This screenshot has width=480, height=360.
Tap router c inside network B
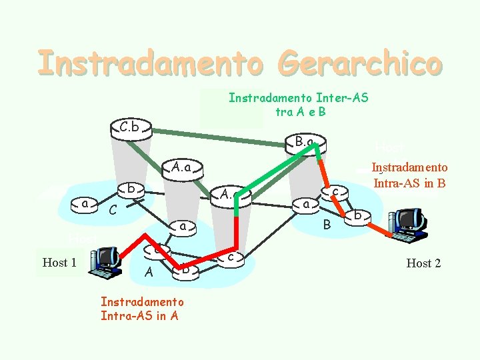(x=336, y=193)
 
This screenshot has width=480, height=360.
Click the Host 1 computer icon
(x=105, y=262)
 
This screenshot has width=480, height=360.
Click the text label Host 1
(x=59, y=263)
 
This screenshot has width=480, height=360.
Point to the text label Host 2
(x=423, y=263)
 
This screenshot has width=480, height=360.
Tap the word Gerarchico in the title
(x=362, y=63)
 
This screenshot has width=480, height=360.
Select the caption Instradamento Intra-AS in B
(x=409, y=174)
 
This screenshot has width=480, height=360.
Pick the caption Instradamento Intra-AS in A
(x=142, y=309)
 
